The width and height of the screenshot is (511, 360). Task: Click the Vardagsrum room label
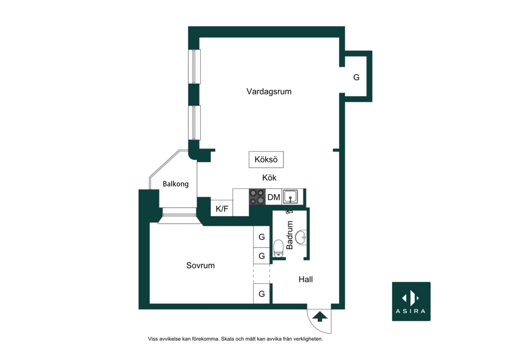(269, 92)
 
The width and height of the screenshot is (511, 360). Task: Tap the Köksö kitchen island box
(266, 160)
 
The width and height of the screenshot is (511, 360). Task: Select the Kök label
(269, 178)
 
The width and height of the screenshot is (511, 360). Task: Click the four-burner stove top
(257, 197)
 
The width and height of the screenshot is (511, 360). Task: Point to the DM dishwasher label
(274, 197)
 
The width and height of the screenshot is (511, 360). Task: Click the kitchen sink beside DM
(290, 197)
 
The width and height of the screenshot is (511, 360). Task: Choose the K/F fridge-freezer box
(222, 208)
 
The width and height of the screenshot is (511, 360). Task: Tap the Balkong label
(176, 184)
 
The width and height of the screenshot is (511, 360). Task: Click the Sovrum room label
(200, 266)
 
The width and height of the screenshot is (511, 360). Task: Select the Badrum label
(290, 235)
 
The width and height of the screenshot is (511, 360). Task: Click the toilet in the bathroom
(279, 249)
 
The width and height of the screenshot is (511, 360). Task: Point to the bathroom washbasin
(301, 237)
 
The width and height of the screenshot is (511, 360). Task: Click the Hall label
(306, 279)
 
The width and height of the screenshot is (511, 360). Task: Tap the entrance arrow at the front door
(319, 316)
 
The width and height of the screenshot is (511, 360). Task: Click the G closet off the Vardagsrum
(356, 77)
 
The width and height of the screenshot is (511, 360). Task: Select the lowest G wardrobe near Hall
(261, 294)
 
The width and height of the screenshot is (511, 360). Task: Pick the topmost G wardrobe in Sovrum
(261, 237)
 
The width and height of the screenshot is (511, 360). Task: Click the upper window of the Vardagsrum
(194, 66)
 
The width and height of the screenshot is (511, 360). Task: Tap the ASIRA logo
(411, 302)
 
